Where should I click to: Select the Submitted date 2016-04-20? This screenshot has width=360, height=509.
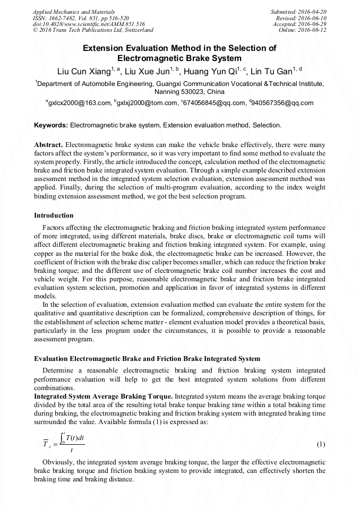pyautogui.click(x=298, y=11)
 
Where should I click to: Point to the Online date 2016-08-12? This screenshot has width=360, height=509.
pyautogui.click(x=303, y=30)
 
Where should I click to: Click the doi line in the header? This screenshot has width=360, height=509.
pyautogui.click(x=89, y=24)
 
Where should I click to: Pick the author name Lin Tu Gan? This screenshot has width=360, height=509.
pyautogui.click(x=273, y=72)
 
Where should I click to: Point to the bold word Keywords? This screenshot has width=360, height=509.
pyautogui.click(x=51, y=125)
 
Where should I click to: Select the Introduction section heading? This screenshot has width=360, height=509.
pyautogui.click(x=54, y=215)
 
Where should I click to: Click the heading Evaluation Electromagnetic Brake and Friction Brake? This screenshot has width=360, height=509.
pyautogui.click(x=147, y=359)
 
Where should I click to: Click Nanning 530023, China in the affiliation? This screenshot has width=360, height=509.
pyautogui.click(x=180, y=91)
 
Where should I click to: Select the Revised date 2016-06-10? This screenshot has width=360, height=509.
pyautogui.click(x=301, y=18)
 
